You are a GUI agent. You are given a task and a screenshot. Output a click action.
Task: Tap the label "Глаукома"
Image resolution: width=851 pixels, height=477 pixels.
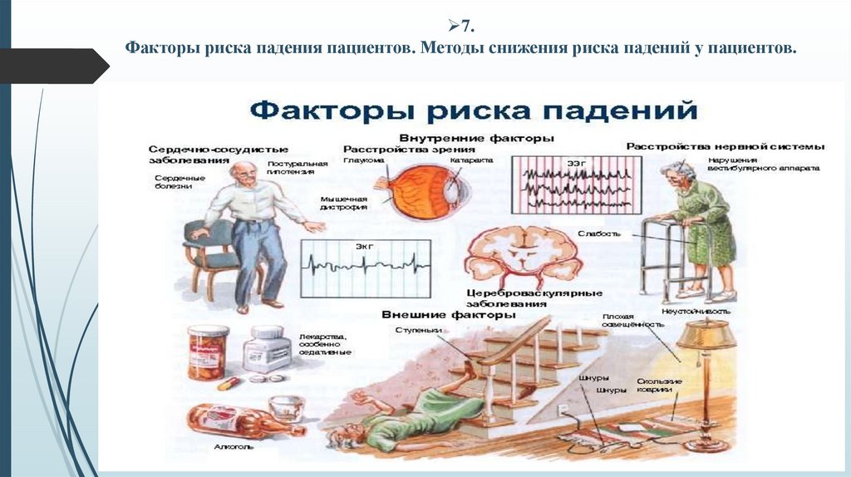364,160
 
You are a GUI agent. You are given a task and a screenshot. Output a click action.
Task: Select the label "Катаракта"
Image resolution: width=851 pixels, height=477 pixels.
471,160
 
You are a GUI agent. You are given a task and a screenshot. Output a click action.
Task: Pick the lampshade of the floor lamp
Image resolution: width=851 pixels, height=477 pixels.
706,334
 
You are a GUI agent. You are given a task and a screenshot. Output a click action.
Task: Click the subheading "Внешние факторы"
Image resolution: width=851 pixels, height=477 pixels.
449,315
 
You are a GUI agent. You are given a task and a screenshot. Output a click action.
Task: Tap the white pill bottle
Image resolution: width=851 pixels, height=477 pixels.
267,350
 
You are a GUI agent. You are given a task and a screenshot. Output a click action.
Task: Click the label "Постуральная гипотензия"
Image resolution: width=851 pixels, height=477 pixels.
291,168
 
